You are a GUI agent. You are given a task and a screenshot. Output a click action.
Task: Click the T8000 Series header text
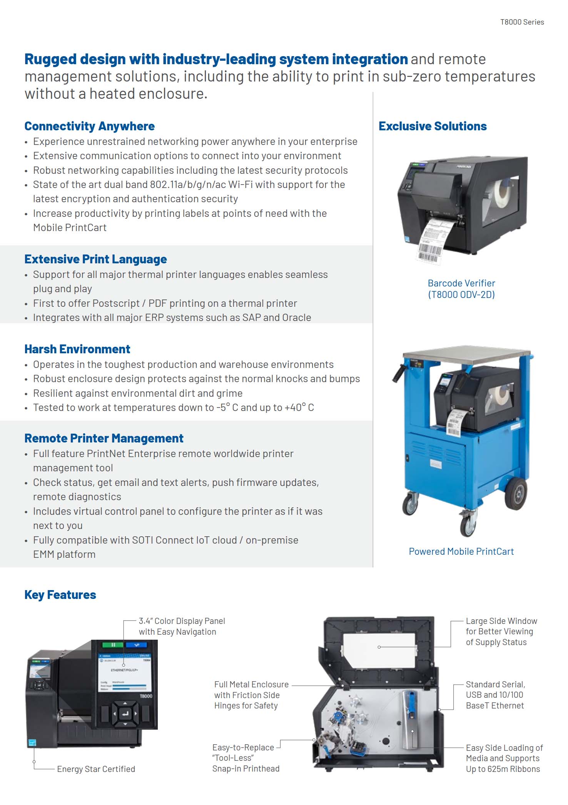click(522, 22)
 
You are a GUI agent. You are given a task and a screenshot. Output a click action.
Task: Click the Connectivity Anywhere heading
click(89, 126)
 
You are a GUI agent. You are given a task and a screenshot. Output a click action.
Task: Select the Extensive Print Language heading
click(95, 259)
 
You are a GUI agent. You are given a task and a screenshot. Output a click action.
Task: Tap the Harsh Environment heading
click(77, 349)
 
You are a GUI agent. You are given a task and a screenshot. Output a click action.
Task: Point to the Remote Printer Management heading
click(104, 438)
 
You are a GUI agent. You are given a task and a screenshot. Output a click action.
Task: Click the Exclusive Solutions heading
click(433, 126)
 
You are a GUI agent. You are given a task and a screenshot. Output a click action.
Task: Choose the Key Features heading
click(60, 595)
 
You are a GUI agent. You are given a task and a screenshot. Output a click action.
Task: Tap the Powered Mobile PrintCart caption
click(461, 551)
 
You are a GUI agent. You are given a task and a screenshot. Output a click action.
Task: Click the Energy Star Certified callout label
click(96, 769)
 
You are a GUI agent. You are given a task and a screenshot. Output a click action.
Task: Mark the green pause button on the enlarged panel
click(113, 645)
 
